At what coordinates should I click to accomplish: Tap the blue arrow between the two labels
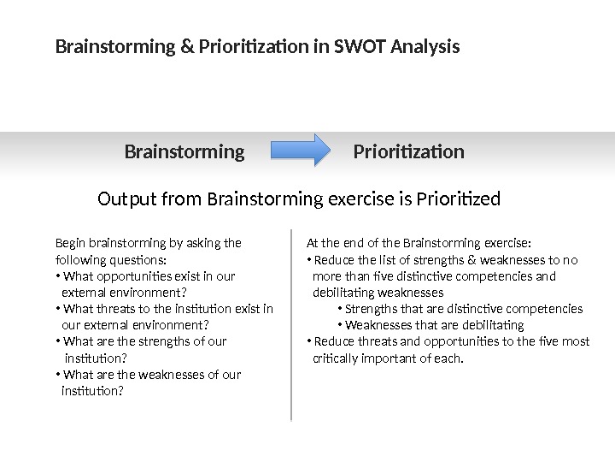click(300, 151)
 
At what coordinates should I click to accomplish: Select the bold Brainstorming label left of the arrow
click(184, 152)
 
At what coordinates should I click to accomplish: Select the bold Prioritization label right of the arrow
click(408, 152)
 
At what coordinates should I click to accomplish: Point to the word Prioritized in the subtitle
click(457, 200)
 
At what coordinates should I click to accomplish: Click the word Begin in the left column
click(70, 243)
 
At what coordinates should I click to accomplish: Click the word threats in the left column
click(113, 309)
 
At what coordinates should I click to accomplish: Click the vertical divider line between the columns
click(292, 325)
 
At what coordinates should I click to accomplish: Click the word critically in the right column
click(337, 358)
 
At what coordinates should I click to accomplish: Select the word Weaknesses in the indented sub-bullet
click(376, 325)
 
